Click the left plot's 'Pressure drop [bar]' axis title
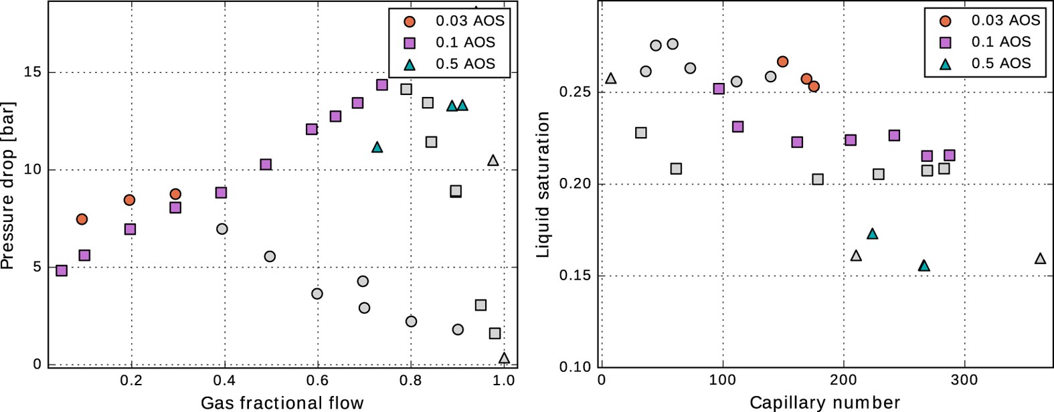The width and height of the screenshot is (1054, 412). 8,185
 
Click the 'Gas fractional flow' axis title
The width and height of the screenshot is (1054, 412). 282,403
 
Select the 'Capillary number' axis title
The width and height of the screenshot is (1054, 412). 824,403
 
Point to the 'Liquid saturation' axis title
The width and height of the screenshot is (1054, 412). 543,185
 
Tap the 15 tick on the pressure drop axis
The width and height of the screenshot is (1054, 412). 32,72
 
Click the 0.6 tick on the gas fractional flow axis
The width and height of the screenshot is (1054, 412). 317,381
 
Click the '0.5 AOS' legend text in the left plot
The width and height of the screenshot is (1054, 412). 465,64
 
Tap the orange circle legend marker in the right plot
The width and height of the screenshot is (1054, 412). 946,21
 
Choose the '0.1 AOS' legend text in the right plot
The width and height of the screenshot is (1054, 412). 1001,42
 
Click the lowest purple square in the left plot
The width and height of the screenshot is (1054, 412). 62,271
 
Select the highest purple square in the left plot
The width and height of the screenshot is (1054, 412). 382,85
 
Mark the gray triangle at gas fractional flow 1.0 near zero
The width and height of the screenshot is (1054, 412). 504,358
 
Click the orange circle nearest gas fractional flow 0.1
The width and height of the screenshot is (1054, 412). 82,219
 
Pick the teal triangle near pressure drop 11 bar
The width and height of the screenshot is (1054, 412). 377,147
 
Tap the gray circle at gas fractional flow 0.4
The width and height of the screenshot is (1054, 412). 222,229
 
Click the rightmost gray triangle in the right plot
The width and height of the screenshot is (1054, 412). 1040,258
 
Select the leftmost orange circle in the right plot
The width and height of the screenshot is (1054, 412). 782,62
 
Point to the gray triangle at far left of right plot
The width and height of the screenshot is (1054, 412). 610,78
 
